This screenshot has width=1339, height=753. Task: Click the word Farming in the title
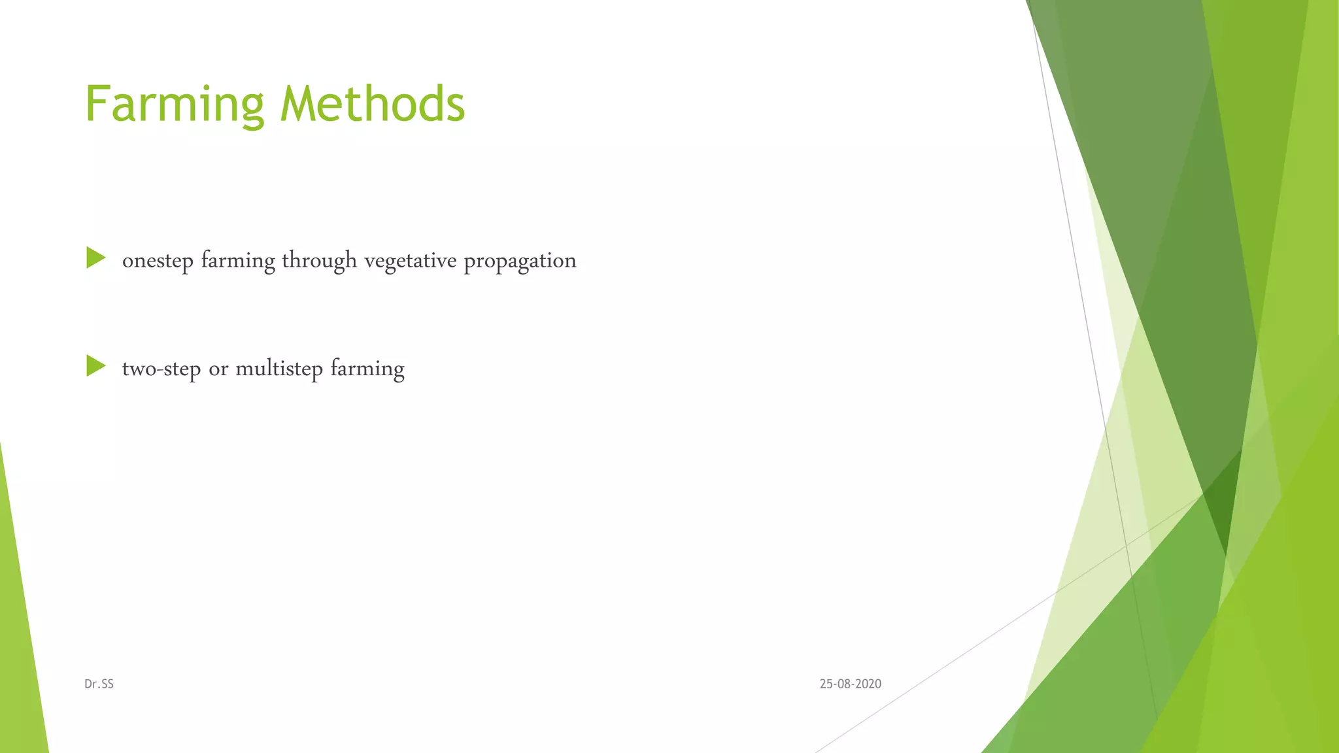coord(174,105)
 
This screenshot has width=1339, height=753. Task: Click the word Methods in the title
coord(372,105)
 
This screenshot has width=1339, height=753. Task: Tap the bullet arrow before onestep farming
coord(95,258)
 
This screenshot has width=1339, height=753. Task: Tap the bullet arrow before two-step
coord(95,366)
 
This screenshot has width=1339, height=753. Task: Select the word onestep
coord(158,261)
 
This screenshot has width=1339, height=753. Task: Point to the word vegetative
coord(410,261)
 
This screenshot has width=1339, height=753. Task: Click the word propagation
coord(520,261)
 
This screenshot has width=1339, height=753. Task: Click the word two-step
coord(161,369)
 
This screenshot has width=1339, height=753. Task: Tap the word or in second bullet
coord(218,369)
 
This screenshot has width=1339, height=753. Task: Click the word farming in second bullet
coord(367,369)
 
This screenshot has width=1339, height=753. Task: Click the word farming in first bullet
coord(238,261)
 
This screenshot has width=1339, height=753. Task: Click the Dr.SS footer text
coord(99,684)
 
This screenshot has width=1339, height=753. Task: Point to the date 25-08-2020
coord(850,684)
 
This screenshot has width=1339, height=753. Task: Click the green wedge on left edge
coord(20,641)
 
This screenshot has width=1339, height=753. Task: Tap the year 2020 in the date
coord(868,684)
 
